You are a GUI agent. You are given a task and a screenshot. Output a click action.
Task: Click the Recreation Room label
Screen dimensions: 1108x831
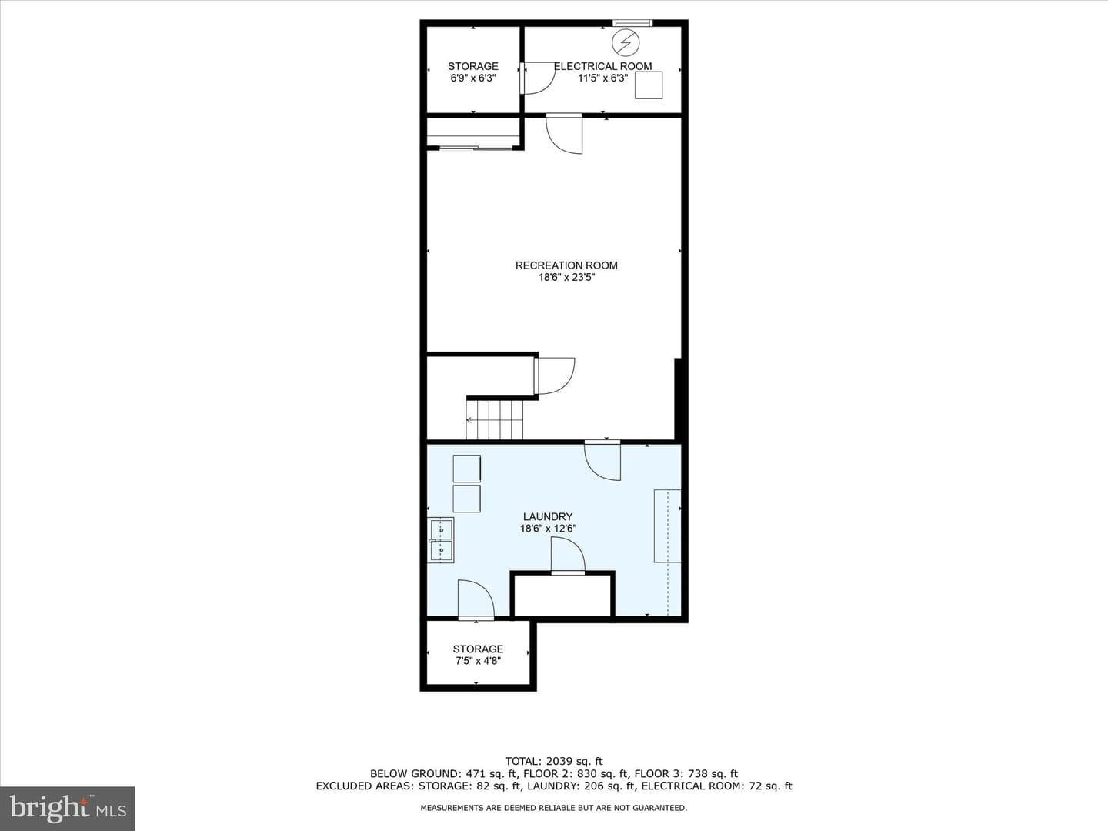(566, 265)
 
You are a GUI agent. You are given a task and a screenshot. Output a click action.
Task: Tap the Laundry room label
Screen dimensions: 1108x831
(548, 516)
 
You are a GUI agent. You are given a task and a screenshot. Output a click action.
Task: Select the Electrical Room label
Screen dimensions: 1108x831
(603, 66)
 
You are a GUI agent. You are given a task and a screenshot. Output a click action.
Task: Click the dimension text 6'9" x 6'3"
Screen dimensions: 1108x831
(473, 78)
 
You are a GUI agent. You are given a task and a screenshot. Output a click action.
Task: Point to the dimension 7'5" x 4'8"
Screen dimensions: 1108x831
(478, 661)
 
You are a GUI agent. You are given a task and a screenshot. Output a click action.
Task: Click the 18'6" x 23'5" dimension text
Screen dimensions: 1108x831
(567, 278)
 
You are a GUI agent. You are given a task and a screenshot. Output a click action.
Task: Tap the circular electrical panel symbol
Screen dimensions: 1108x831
(626, 42)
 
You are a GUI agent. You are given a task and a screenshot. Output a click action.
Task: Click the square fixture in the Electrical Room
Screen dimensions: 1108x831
(649, 85)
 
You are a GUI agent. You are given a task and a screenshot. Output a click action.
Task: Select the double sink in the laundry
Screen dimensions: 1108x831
(441, 540)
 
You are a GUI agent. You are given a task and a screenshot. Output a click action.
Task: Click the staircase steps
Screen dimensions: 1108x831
(495, 420)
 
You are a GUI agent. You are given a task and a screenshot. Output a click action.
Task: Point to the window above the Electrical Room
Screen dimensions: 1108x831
(632, 23)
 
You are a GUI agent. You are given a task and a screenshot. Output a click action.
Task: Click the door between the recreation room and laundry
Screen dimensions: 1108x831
(602, 460)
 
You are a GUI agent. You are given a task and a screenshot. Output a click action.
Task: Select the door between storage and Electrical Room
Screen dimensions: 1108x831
(538, 78)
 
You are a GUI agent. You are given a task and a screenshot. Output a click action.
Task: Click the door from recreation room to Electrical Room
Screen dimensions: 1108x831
(564, 134)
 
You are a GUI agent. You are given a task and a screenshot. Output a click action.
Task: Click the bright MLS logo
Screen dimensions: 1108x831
(68, 808)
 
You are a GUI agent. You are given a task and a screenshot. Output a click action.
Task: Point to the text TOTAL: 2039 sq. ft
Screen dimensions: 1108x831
(554, 761)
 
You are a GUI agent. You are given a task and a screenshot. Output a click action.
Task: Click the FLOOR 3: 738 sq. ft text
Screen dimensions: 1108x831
(686, 773)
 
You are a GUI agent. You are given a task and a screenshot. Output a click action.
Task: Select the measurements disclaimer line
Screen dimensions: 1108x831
(554, 808)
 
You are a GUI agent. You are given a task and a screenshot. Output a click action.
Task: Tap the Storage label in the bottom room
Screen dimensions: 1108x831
(478, 649)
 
